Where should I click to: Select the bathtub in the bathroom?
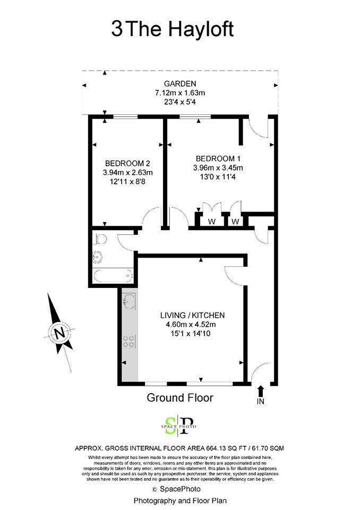pyautogui.click(x=113, y=276)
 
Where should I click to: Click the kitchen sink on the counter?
pyautogui.click(x=129, y=301)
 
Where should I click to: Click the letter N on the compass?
pyautogui.click(x=59, y=333)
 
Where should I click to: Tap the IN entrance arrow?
pyautogui.click(x=261, y=392)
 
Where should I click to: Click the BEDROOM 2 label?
pyautogui.click(x=127, y=163)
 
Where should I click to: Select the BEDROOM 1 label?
pyautogui.click(x=218, y=159)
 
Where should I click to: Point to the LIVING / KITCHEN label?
pyautogui.click(x=193, y=315)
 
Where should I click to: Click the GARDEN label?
pyautogui.click(x=180, y=83)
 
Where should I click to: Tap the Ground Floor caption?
pyautogui.click(x=180, y=397)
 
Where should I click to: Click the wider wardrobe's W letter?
pyautogui.click(x=212, y=222)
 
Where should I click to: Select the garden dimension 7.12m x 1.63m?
pyautogui.click(x=180, y=92)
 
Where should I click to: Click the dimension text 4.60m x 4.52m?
pyautogui.click(x=191, y=324)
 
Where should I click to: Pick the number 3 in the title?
pyautogui.click(x=117, y=29)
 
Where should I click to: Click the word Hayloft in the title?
pyautogui.click(x=201, y=29)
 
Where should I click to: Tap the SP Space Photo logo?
pyautogui.click(x=179, y=426)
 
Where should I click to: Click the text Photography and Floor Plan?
pyautogui.click(x=180, y=500)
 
